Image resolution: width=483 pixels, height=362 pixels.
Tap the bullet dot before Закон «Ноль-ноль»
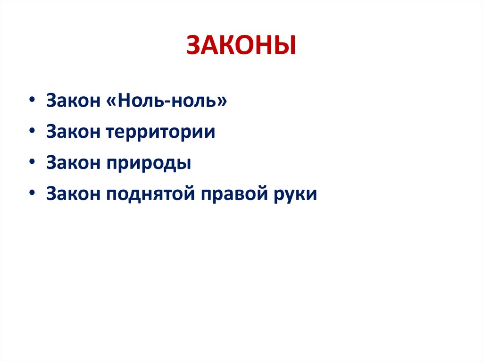(x=31, y=101)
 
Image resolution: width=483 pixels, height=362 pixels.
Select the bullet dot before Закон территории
(x=31, y=132)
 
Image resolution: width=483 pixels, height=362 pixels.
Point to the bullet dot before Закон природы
(x=31, y=163)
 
